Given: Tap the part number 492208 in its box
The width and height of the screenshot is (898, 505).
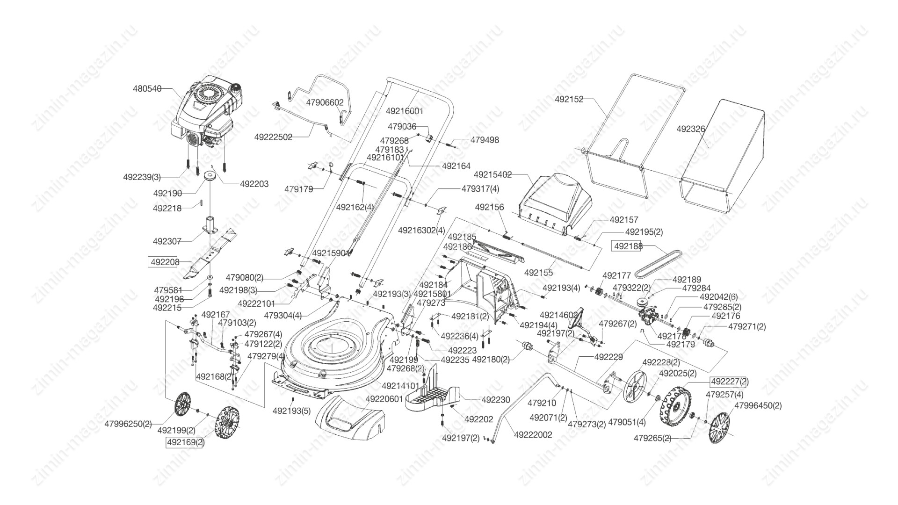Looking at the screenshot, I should (x=164, y=262).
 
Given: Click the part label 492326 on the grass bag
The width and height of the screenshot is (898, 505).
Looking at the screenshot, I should (x=691, y=129).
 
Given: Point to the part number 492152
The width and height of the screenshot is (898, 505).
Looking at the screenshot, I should (x=569, y=99).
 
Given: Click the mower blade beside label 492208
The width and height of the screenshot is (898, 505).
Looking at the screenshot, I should (x=213, y=255).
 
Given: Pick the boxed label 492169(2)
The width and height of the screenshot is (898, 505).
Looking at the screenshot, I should (x=186, y=442).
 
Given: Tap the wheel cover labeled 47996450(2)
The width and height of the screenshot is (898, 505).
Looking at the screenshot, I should (x=719, y=428).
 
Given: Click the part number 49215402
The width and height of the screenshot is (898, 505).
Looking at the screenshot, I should (x=492, y=175).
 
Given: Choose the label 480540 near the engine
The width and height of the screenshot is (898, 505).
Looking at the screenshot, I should (x=147, y=88).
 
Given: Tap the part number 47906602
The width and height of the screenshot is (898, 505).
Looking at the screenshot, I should (x=325, y=102).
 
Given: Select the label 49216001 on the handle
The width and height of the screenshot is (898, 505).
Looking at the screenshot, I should (x=405, y=111).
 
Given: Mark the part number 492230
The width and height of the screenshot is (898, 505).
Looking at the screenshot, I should (x=496, y=400).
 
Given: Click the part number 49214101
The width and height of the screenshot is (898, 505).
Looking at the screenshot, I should (x=400, y=386).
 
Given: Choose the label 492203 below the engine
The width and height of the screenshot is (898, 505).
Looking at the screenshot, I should (x=254, y=184).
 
